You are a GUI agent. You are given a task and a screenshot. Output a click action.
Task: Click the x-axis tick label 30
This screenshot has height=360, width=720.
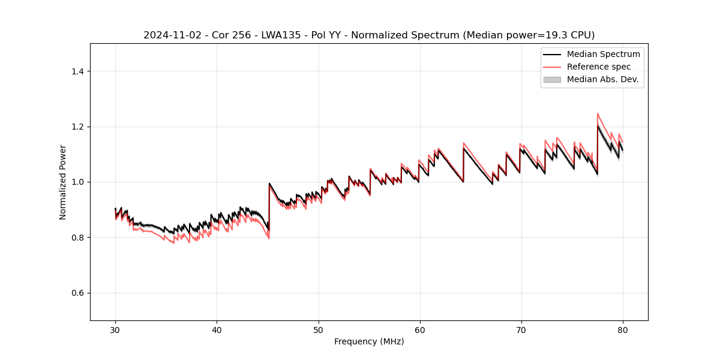pos(115,329)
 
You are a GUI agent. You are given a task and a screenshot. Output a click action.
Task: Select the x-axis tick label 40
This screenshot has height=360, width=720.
pos(217,329)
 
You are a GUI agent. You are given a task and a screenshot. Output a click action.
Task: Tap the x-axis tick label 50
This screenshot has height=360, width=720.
pos(319,329)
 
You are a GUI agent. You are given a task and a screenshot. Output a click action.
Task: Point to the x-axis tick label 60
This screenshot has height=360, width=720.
pos(420,329)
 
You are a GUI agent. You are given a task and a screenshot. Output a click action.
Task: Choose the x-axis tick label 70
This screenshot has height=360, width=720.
pos(521,329)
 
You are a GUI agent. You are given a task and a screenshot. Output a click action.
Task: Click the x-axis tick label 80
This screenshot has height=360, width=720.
pos(623,329)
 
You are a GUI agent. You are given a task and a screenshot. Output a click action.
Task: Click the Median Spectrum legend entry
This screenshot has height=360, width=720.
pos(603,54)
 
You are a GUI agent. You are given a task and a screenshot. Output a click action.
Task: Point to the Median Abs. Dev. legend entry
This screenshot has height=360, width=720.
pos(602,79)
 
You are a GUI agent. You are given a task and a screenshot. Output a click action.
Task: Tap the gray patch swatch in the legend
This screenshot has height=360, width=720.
pos(552,79)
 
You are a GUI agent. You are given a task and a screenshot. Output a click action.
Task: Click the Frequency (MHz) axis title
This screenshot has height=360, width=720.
pos(369,341)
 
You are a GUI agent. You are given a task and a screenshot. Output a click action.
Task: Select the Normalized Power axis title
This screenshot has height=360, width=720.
pos(63,182)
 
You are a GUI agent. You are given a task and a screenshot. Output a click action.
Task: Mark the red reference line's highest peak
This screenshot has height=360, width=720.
pos(598,113)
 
